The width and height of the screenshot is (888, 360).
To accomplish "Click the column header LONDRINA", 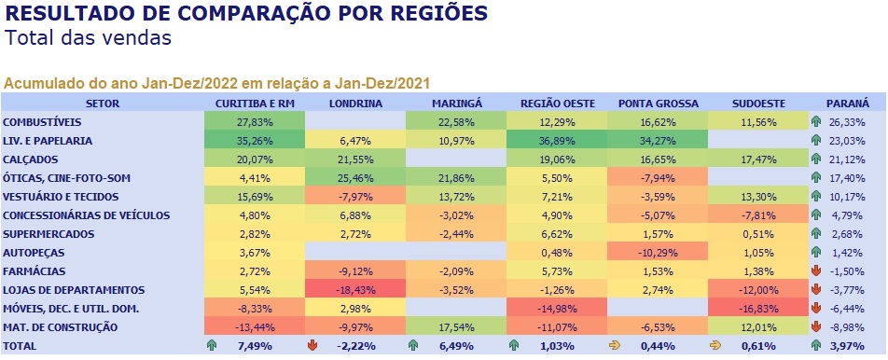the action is (355, 104).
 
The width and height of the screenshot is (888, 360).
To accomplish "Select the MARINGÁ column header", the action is (456, 104).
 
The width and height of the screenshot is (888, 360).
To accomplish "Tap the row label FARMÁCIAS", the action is (34, 271).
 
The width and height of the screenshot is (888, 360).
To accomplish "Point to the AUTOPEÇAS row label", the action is (34, 253).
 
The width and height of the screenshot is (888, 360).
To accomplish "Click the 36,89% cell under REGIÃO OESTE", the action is (557, 141).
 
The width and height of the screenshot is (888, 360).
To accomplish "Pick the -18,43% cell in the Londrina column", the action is (355, 290).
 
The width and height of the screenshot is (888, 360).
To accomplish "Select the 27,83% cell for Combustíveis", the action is (255, 122).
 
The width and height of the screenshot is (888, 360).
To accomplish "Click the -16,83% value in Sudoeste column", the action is (758, 309).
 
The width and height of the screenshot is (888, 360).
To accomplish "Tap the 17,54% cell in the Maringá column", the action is (456, 327).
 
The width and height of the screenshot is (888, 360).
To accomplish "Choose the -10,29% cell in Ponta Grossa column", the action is (659, 253).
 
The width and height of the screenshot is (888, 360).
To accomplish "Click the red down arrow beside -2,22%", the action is (311, 345).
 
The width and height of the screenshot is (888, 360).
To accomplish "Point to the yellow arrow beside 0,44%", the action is (614, 345).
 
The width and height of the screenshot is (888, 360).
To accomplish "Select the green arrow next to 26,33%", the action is (816, 122).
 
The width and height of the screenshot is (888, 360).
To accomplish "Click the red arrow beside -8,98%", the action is (816, 327).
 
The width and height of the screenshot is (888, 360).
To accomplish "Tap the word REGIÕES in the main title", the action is (430, 13).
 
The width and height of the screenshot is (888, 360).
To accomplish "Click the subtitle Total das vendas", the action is (88, 38).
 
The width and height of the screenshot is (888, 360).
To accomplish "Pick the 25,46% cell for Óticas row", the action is (355, 178).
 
